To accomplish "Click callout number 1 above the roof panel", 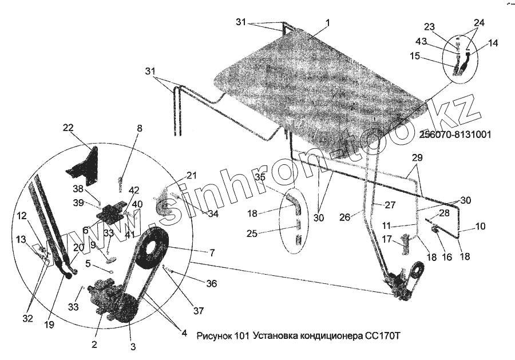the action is click(x=327, y=23).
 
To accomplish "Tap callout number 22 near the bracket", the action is click(x=69, y=129).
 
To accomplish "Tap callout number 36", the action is click(x=212, y=283).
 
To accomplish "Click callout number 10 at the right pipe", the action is click(x=480, y=227).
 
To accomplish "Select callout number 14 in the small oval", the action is click(x=493, y=43).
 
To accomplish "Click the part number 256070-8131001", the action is click(x=455, y=135).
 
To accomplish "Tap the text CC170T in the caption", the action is click(x=381, y=335).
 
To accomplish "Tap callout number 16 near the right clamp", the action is click(x=447, y=258).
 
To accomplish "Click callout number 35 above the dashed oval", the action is click(x=260, y=177).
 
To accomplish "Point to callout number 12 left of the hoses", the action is click(x=22, y=215).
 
